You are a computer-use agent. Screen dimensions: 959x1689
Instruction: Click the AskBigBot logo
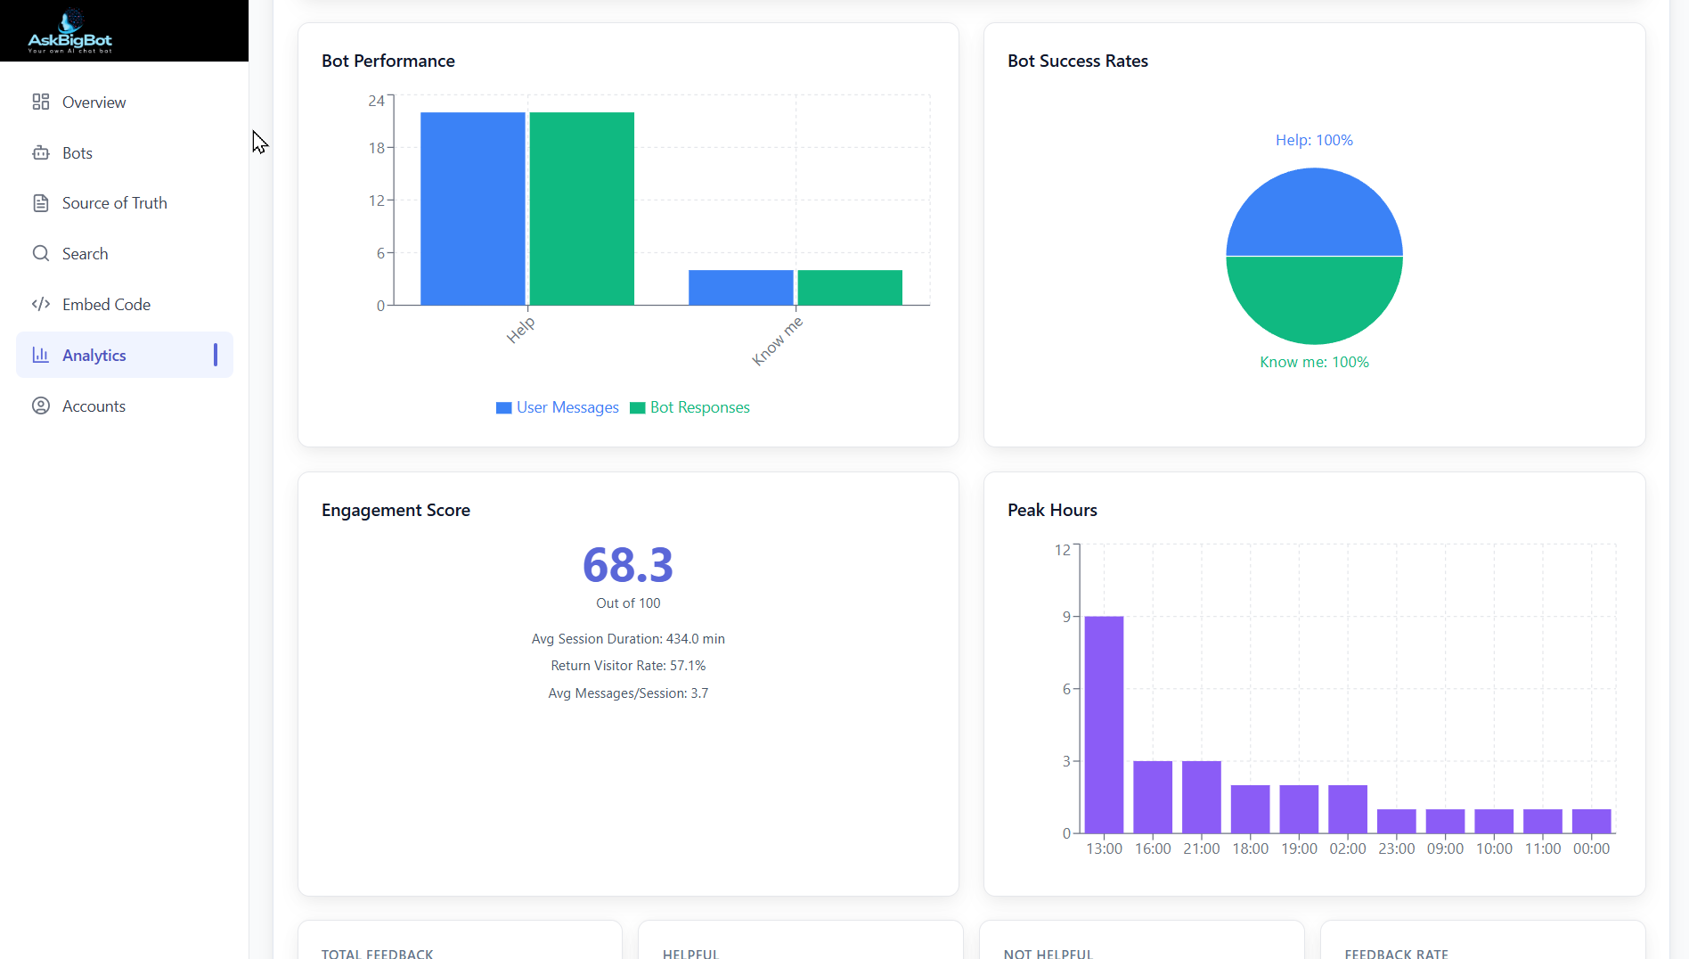click(x=70, y=31)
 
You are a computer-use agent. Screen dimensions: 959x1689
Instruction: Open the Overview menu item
click(x=94, y=102)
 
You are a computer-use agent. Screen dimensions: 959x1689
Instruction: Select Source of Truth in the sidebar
click(x=114, y=203)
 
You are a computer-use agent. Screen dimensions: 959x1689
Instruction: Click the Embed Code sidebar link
click(x=106, y=305)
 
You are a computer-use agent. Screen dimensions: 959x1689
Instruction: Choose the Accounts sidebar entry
click(x=94, y=406)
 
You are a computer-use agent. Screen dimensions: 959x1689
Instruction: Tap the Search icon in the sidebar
click(x=41, y=254)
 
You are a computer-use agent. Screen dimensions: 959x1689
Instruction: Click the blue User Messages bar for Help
click(x=472, y=209)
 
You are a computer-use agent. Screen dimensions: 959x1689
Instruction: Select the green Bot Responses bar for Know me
click(x=850, y=288)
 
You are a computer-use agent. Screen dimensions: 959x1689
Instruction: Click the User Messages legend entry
click(x=558, y=407)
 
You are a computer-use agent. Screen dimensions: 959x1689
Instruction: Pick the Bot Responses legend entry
click(x=690, y=407)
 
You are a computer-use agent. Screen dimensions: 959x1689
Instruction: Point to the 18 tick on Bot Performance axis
click(x=377, y=148)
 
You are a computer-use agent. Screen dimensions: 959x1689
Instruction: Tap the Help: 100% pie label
click(x=1314, y=140)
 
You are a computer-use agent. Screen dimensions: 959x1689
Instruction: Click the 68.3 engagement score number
click(x=628, y=565)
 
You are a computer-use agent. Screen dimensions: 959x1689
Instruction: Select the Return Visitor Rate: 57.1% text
click(x=628, y=666)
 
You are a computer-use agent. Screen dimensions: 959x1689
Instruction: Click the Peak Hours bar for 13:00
click(x=1104, y=724)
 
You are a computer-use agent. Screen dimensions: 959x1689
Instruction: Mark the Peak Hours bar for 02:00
click(x=1347, y=809)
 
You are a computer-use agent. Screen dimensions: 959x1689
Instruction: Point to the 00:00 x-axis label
click(x=1591, y=848)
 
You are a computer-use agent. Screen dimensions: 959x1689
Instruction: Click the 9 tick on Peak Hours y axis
click(x=1066, y=617)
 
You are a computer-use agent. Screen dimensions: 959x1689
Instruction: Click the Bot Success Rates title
click(x=1078, y=61)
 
